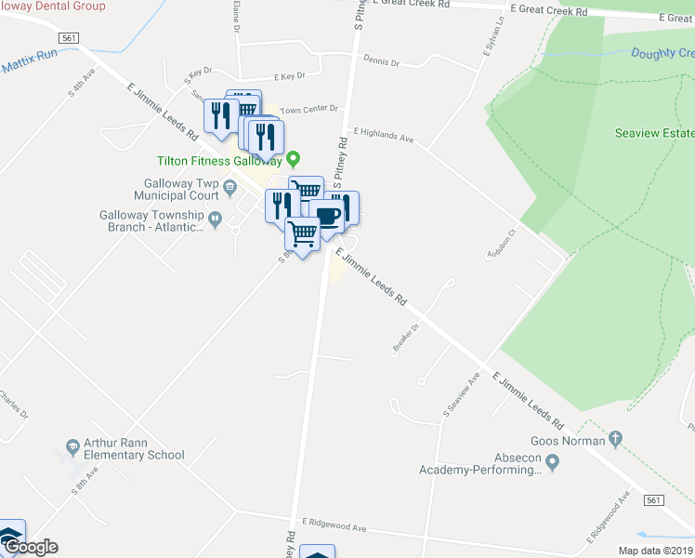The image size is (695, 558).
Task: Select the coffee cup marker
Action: click(x=327, y=217)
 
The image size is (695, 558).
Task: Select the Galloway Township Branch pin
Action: click(x=216, y=220)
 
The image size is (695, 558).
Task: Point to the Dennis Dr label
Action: click(x=381, y=63)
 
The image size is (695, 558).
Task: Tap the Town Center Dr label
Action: click(x=309, y=110)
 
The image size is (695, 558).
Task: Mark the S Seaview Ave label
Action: click(x=461, y=394)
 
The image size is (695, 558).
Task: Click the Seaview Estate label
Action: click(x=653, y=133)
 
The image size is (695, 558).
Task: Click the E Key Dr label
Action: click(x=289, y=76)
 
